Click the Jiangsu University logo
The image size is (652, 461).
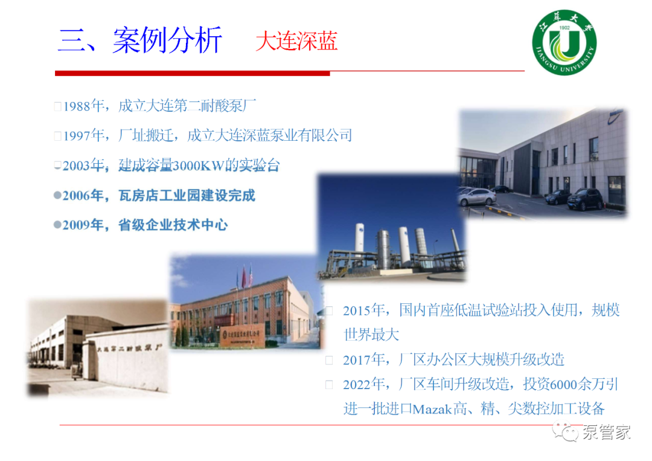click(x=564, y=42)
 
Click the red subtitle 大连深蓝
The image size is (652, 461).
click(x=296, y=41)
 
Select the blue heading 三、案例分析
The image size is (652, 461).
click(x=140, y=40)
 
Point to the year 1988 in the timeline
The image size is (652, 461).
click(x=77, y=106)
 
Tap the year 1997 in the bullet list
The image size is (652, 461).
click(x=77, y=135)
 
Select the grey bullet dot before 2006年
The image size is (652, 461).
click(x=57, y=195)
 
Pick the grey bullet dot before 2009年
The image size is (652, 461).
click(x=57, y=225)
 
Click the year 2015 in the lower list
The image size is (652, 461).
click(x=357, y=311)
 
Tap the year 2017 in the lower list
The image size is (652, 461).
click(x=357, y=360)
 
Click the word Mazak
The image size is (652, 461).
click(x=432, y=410)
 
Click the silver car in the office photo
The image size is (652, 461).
click(x=477, y=197)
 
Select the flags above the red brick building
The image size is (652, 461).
click(x=245, y=276)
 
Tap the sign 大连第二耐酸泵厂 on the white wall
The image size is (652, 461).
click(x=129, y=347)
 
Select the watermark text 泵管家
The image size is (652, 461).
click(x=607, y=432)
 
